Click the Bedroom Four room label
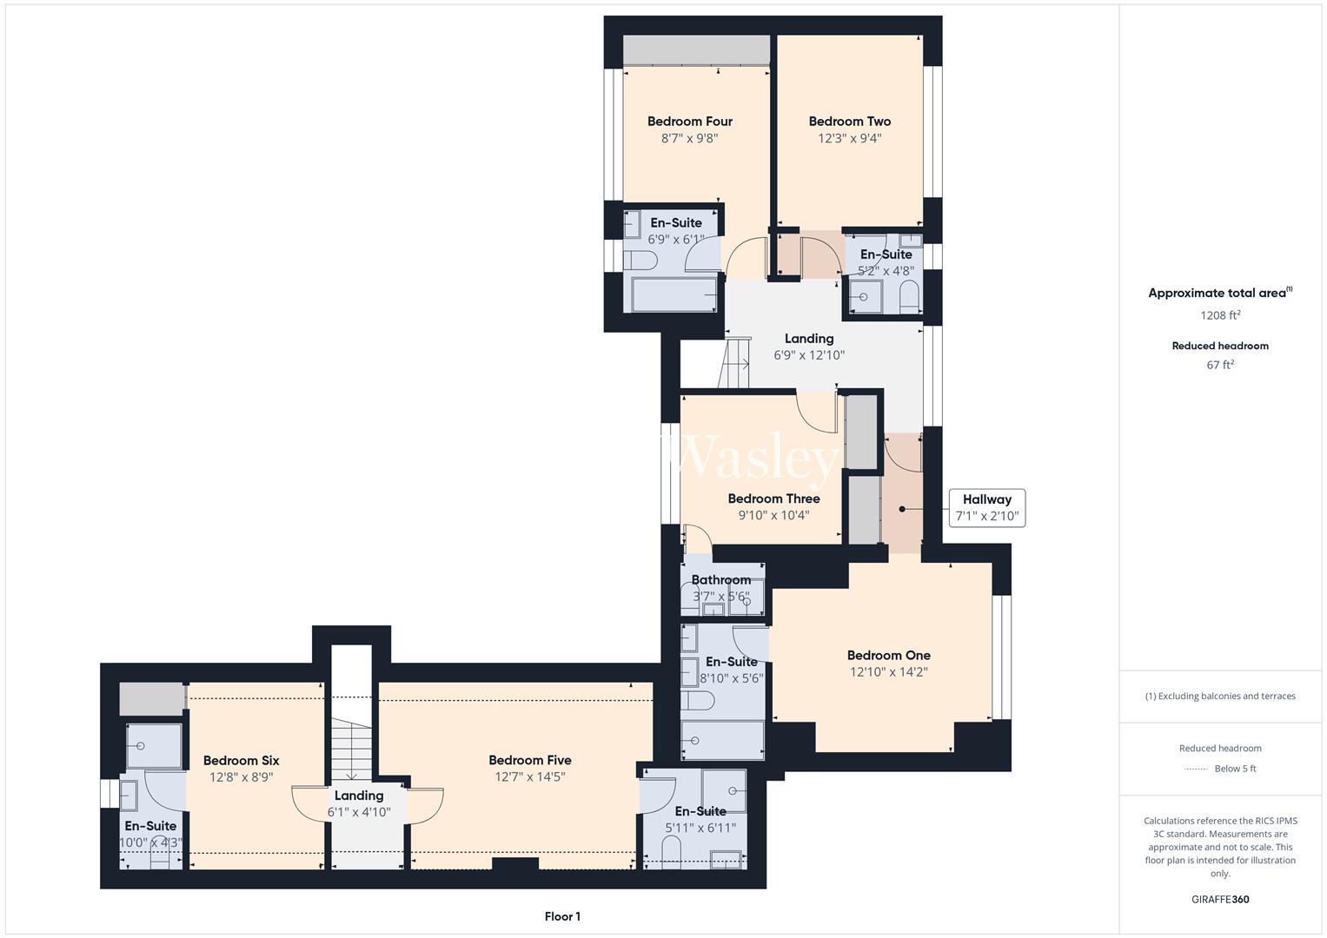[x=689, y=122]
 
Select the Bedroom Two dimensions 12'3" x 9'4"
[x=849, y=138]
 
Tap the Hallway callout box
[x=986, y=507]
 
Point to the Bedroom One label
[x=888, y=656]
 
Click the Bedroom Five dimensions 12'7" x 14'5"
[x=529, y=777]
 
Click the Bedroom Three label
[x=773, y=499]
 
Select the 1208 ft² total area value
[x=1220, y=316]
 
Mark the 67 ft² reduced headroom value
[x=1220, y=366]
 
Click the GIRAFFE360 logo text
[x=1220, y=899]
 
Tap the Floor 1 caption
[x=562, y=916]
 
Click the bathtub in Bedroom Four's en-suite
[x=673, y=294]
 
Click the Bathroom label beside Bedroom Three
[x=720, y=580]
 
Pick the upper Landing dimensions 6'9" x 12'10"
[x=809, y=355]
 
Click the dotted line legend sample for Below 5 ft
[x=1196, y=769]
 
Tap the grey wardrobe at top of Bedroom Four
[x=696, y=50]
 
